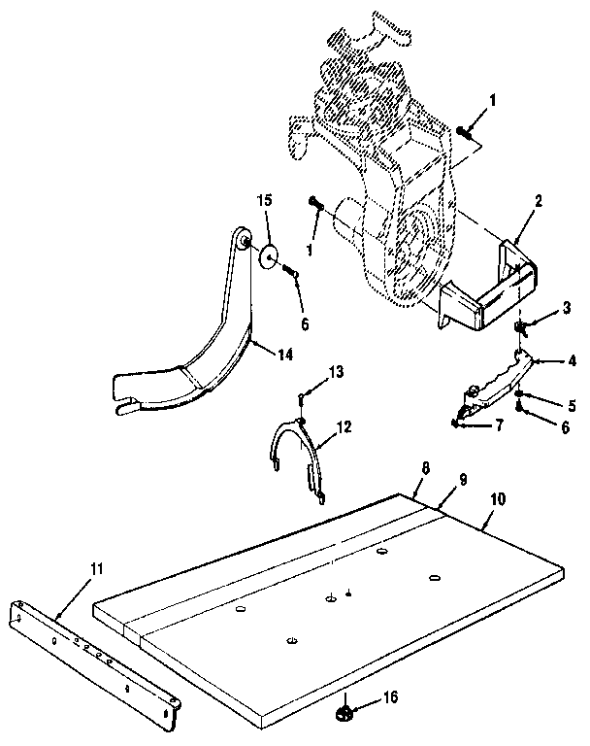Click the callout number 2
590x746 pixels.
click(538, 201)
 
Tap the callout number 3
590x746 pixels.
click(567, 308)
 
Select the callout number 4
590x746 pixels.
click(572, 361)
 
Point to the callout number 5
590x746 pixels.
click(572, 405)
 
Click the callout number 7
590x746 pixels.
click(499, 424)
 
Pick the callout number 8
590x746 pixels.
click(425, 468)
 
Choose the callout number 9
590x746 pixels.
click(463, 479)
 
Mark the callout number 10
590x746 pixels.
click(498, 499)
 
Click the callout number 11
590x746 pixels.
click(97, 569)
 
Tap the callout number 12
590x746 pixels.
click(344, 426)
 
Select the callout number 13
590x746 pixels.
click(336, 372)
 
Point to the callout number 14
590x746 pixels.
click(285, 355)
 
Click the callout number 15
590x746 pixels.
click(265, 200)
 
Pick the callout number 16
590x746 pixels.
click(391, 697)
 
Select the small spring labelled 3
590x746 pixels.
click(519, 327)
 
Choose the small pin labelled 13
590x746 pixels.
click(301, 399)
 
